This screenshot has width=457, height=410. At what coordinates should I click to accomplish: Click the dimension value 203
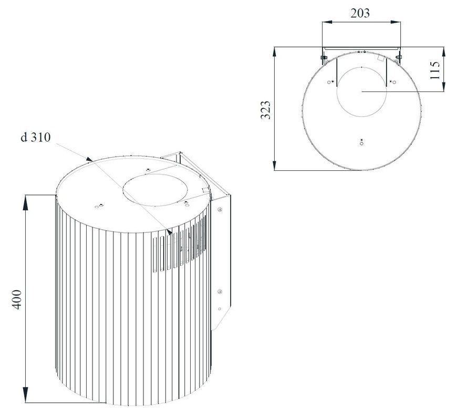tap(360, 13)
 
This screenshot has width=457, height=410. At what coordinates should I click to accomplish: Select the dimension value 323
tap(265, 110)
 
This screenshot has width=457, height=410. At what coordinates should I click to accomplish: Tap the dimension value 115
tap(434, 70)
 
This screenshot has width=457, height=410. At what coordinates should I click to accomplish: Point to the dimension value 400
tap(17, 300)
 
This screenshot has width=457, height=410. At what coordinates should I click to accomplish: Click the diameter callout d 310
tap(36, 137)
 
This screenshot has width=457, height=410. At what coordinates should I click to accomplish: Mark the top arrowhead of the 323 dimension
tap(275, 52)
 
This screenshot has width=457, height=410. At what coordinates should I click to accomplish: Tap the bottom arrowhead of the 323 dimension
tap(275, 165)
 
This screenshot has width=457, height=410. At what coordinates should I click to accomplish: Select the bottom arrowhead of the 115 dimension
tap(444, 87)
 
